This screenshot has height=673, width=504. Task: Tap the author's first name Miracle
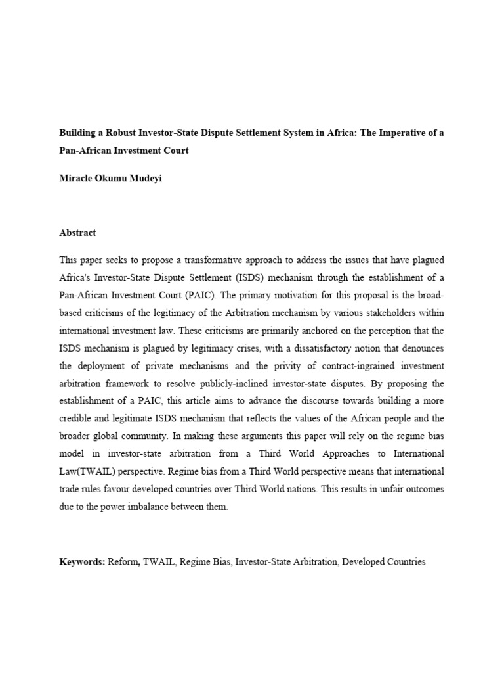tap(75, 179)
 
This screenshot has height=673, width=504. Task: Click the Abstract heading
tap(77, 233)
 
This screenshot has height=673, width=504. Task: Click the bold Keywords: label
tap(82, 562)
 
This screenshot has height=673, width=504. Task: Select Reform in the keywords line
tap(123, 562)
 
